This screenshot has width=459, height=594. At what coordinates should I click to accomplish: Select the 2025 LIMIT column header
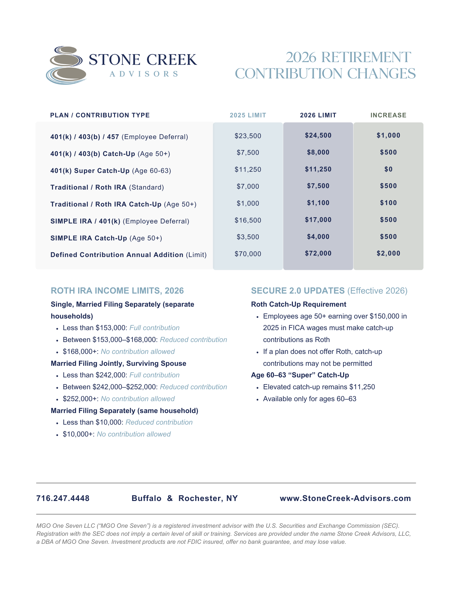(248, 115)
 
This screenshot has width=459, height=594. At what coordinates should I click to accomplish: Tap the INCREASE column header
(388, 115)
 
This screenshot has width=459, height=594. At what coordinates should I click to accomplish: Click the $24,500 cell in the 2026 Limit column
(318, 135)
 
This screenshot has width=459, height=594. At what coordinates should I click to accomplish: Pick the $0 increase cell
(388, 169)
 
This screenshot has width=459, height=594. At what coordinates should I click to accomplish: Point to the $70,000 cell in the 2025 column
(248, 254)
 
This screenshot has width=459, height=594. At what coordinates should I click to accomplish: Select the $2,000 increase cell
(388, 253)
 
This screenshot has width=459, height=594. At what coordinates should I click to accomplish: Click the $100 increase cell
(388, 203)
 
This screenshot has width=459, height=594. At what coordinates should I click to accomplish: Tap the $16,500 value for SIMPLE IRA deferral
(248, 220)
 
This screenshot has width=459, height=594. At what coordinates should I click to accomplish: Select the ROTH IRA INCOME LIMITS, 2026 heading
(117, 291)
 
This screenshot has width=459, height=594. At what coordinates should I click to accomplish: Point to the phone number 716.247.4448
(63, 498)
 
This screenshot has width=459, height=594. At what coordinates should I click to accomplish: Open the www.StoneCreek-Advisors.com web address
(345, 498)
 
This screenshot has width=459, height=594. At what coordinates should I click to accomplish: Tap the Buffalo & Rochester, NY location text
(184, 498)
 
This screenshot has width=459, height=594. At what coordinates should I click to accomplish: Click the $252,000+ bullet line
(119, 399)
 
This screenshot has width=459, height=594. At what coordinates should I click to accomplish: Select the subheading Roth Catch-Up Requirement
(299, 304)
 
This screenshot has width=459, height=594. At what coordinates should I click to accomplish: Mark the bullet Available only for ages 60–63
(310, 399)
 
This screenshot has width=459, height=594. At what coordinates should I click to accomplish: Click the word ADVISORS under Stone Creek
(144, 74)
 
